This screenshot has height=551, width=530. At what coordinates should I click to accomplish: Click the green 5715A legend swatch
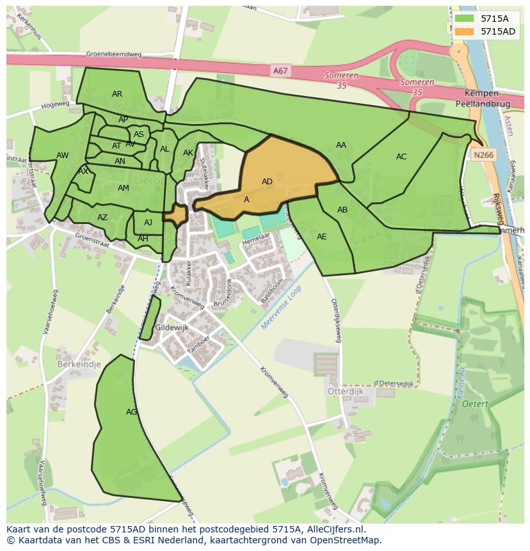[465, 19]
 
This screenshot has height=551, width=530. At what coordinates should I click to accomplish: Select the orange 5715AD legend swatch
[465, 31]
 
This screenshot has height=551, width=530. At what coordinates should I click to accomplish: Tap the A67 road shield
[280, 71]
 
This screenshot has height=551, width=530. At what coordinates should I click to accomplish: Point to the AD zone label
[267, 182]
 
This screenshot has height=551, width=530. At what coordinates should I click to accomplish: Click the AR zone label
[116, 94]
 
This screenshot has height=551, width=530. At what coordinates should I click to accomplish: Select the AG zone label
[131, 412]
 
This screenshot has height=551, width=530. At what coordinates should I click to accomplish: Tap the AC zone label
[401, 157]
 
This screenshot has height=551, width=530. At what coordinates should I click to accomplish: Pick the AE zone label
[321, 237]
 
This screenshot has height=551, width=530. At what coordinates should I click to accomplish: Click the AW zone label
[62, 156]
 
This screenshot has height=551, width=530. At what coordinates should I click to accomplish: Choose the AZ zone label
[102, 218]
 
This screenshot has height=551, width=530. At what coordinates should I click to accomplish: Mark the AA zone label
[341, 145]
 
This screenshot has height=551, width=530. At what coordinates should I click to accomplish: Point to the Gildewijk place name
[172, 327]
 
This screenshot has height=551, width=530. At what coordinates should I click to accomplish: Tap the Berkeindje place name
[79, 364]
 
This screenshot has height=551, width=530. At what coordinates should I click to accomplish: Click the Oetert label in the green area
[474, 404]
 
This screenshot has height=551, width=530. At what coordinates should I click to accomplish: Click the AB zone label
[342, 210]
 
